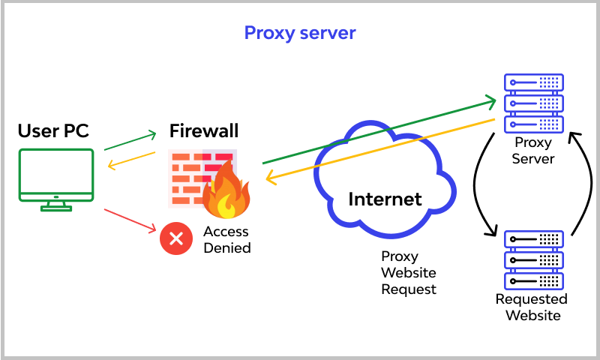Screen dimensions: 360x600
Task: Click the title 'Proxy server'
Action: pyautogui.click(x=300, y=33)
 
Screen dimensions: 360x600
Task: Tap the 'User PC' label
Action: pyautogui.click(x=53, y=131)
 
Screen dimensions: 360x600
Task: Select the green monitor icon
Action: pyautogui.click(x=57, y=178)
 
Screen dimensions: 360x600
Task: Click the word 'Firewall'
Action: pyautogui.click(x=203, y=131)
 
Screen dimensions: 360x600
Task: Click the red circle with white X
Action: pyautogui.click(x=176, y=239)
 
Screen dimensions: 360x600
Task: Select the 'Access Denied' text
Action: pyautogui.click(x=226, y=240)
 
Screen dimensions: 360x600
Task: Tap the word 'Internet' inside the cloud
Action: pyautogui.click(x=385, y=199)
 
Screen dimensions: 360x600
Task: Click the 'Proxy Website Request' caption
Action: pyautogui.click(x=409, y=272)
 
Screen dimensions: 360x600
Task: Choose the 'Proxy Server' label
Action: pyautogui.click(x=533, y=150)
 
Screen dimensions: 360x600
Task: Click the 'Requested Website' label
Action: pyautogui.click(x=532, y=307)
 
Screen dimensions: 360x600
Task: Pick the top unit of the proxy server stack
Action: pyautogui.click(x=533, y=82)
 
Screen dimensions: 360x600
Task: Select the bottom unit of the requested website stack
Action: pyautogui.click(x=533, y=280)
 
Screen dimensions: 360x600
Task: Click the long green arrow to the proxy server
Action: pyautogui.click(x=379, y=129)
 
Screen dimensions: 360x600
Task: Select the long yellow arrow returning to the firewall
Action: pyautogui.click(x=379, y=150)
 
